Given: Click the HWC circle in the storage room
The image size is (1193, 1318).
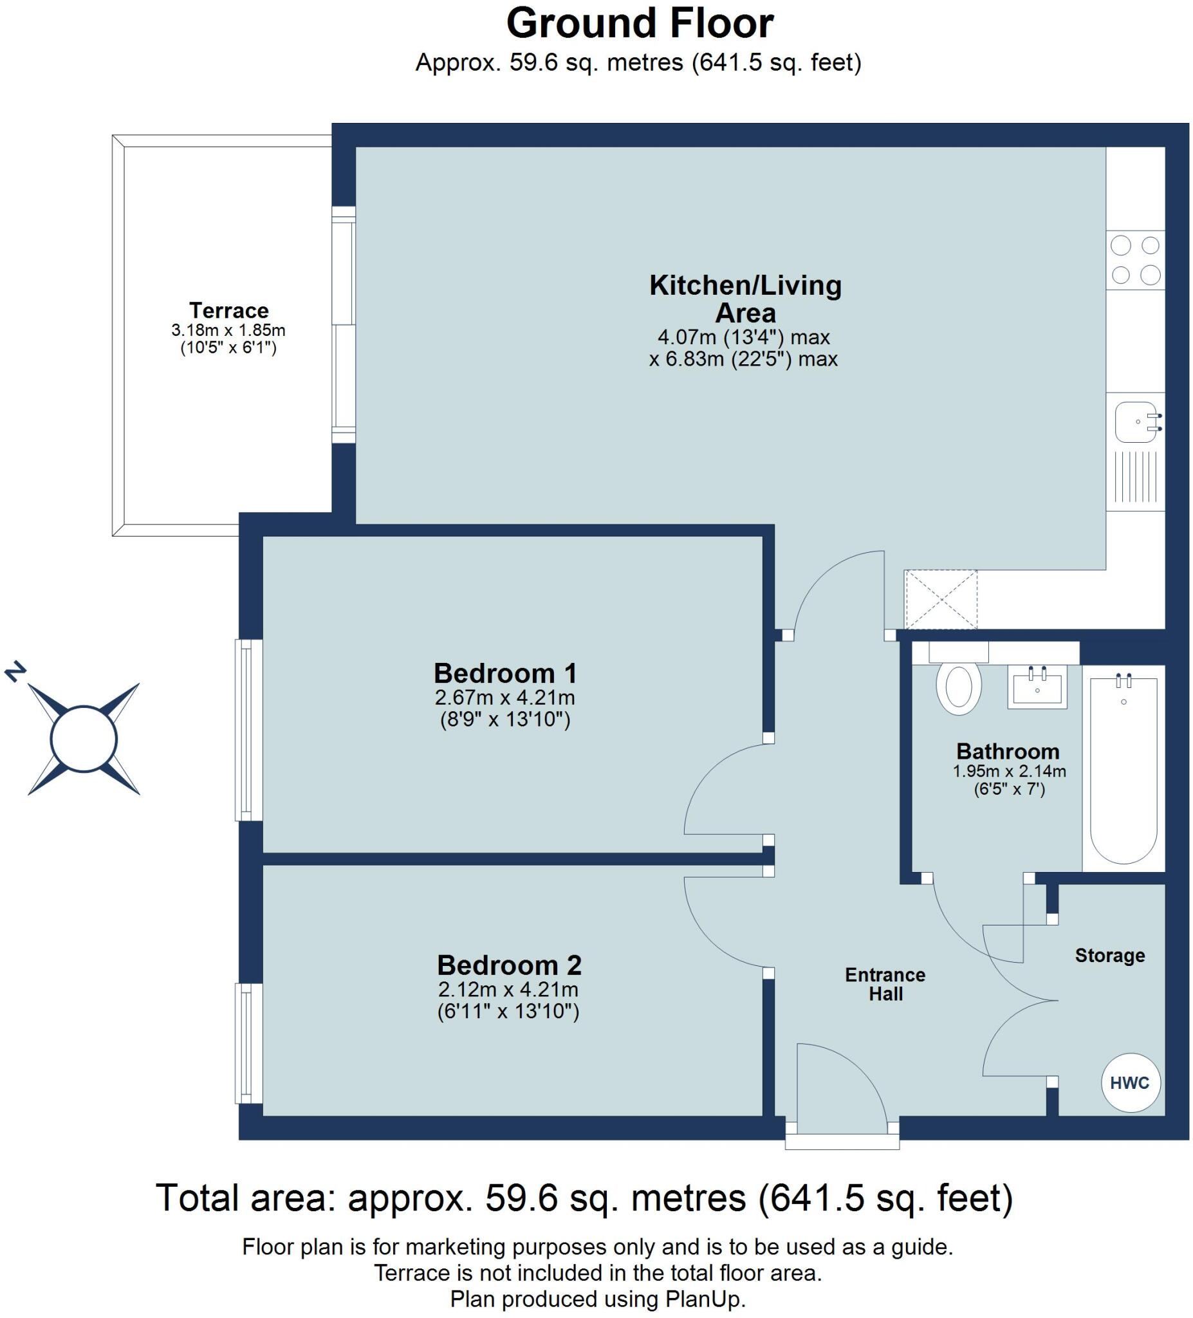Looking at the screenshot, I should [1129, 1083].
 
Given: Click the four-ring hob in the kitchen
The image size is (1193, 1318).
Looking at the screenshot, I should [1135, 260].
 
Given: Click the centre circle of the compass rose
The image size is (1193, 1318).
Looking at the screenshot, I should [84, 739].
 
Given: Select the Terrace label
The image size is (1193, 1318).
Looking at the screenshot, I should [229, 310].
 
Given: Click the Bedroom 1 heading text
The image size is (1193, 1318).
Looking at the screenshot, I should [505, 673].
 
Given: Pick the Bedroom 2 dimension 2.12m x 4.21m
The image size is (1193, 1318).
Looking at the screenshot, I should [508, 990].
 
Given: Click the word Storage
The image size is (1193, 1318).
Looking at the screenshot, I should [1109, 955].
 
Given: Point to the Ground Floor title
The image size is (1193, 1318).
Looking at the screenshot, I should [640, 24].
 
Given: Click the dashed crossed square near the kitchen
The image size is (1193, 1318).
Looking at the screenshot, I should [940, 599].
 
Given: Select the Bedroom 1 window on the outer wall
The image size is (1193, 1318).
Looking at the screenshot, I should [248, 730].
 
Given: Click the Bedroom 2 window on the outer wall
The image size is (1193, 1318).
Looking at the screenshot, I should [248, 1043].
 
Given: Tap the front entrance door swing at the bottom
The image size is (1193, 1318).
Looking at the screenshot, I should [830, 1085].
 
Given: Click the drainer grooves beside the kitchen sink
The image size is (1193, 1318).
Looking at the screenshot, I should [1135, 476].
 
